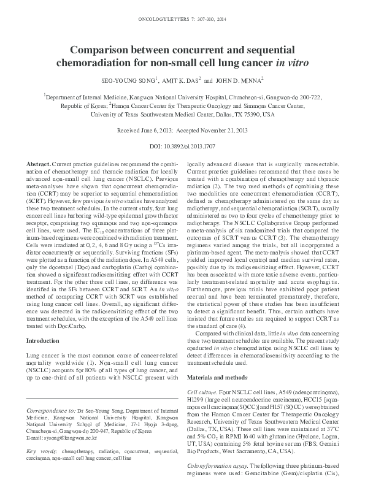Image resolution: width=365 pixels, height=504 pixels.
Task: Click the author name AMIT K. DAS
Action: point(179,80)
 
